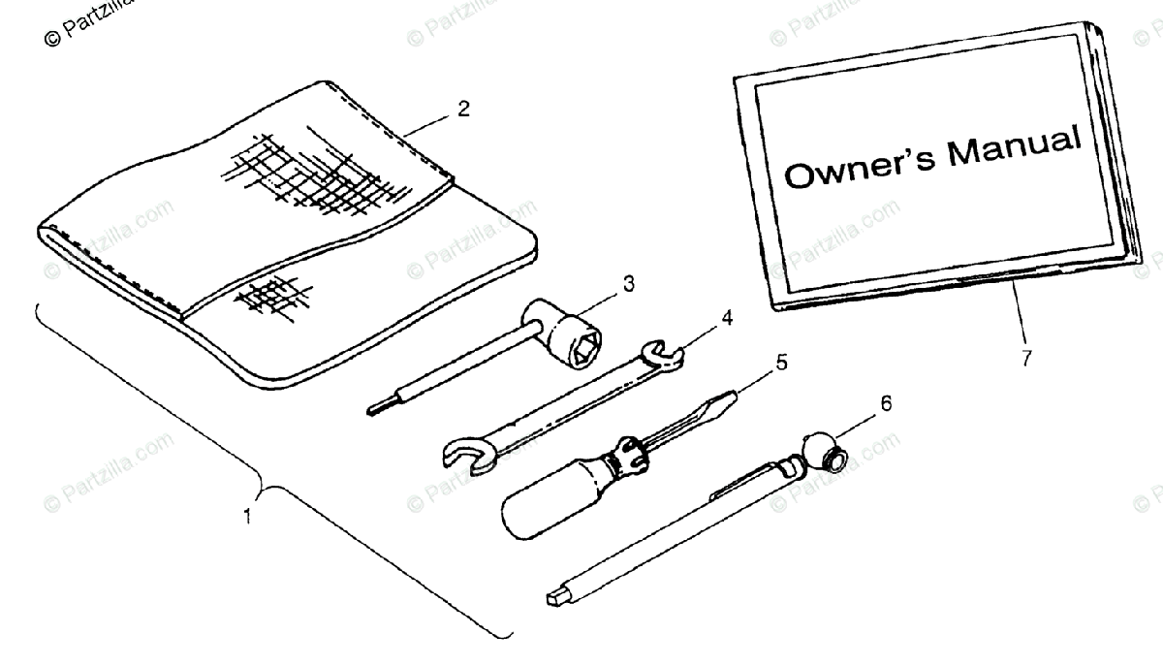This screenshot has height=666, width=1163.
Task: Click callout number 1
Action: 248,517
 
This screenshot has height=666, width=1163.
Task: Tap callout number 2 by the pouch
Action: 463,110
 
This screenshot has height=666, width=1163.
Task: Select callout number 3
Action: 628,283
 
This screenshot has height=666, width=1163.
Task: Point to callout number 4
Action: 727,318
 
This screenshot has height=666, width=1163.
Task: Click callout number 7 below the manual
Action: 1026,358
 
